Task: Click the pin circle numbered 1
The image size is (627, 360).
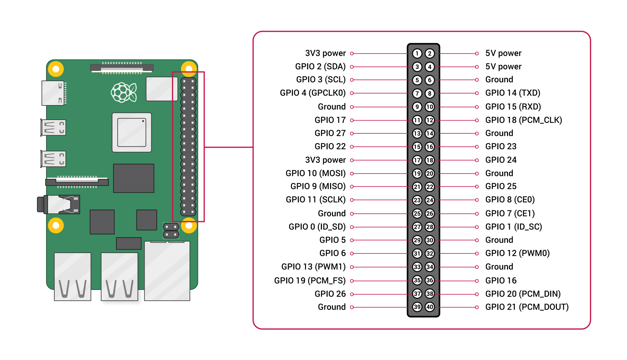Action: click(417, 54)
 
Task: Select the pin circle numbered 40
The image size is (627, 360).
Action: click(430, 307)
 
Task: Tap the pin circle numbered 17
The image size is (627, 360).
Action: click(417, 160)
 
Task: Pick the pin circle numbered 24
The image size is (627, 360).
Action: click(430, 200)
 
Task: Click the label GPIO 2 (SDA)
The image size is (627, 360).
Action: click(320, 67)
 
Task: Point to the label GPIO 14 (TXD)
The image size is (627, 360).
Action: click(512, 93)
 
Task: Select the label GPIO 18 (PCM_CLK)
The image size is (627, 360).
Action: click(523, 120)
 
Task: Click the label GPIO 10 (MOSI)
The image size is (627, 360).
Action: click(315, 173)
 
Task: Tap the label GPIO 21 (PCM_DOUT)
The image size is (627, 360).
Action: click(527, 307)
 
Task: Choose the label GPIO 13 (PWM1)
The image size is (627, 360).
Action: click(313, 267)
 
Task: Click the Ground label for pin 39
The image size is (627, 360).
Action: click(331, 307)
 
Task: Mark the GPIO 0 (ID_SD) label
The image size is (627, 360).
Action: click(317, 227)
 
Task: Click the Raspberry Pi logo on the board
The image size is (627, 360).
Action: click(124, 92)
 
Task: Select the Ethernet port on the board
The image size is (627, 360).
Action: click(167, 270)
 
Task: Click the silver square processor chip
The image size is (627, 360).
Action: click(132, 132)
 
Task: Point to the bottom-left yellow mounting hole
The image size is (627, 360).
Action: click(56, 225)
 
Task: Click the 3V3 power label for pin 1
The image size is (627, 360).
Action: click(325, 53)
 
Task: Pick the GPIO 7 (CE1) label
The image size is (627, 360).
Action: click(510, 213)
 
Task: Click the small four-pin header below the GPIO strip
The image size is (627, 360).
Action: click(171, 231)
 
